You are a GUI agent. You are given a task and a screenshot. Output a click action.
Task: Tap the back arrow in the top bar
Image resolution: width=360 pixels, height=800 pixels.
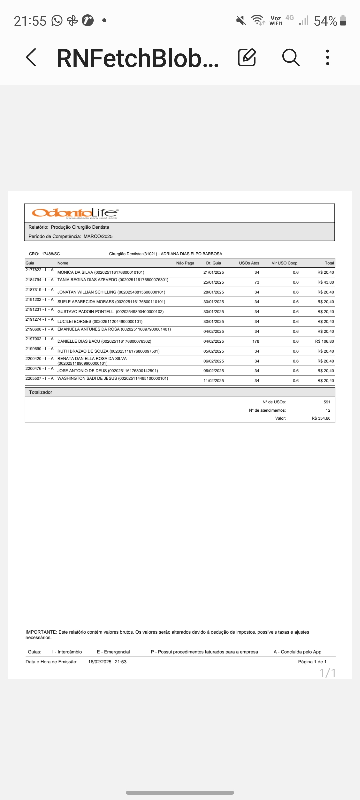click(31, 58)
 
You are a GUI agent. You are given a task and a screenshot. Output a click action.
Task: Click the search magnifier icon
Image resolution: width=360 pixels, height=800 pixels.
click(291, 58)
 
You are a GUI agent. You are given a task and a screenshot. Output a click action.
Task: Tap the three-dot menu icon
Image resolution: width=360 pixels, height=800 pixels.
click(328, 58)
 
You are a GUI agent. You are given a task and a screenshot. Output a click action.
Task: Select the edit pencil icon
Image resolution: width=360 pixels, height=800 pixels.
click(247, 58)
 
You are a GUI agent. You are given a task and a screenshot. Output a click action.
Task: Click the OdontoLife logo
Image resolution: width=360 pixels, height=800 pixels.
click(75, 213)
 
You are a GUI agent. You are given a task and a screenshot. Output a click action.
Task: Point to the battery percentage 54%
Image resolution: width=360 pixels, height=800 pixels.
click(325, 21)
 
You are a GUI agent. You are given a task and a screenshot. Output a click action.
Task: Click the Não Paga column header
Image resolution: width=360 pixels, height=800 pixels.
click(185, 263)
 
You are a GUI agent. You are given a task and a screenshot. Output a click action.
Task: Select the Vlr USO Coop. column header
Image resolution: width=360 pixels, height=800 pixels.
click(285, 263)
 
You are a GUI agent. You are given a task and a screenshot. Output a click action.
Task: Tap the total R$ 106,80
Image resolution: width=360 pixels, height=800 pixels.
click(324, 341)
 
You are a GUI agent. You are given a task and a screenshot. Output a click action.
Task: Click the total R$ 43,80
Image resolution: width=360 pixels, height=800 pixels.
click(326, 282)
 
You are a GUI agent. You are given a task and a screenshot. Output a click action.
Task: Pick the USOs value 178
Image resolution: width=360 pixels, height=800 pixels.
click(256, 341)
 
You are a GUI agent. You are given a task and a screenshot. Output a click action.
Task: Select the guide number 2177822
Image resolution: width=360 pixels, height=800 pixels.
click(34, 270)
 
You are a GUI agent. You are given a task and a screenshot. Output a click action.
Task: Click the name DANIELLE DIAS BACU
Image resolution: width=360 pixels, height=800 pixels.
click(79, 341)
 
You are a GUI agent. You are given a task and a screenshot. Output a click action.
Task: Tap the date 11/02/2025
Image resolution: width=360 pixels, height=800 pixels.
click(214, 381)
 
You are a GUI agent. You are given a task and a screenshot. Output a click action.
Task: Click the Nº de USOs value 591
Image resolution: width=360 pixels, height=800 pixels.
click(327, 402)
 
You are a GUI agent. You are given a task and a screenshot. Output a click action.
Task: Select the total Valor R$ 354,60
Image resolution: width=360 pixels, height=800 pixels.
click(321, 418)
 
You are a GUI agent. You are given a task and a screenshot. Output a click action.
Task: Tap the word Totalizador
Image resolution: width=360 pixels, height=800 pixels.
click(40, 392)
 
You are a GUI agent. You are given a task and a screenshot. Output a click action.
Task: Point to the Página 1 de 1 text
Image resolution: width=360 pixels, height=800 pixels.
click(312, 662)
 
